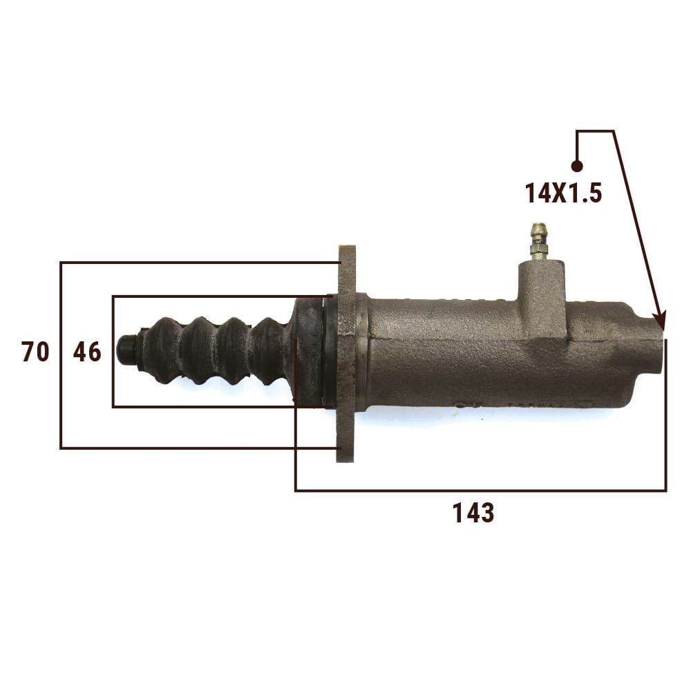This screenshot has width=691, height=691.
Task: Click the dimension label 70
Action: pos(35,352)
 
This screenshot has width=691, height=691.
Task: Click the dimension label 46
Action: pos(87,352)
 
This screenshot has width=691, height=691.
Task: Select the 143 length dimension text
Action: pos(473,513)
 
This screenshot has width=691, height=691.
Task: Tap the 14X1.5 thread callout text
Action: pos(563,193)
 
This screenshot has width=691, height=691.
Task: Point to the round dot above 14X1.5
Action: pos(577,166)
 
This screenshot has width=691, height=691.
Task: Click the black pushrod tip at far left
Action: pos(127,349)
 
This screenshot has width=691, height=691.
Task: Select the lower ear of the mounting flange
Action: pos(345,435)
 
